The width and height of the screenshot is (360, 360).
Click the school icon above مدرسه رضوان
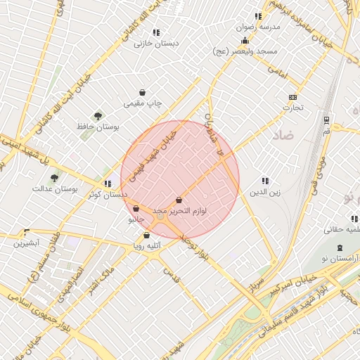[258, 16]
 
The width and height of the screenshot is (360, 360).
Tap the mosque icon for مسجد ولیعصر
[245, 41]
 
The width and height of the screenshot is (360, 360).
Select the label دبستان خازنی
[157, 43]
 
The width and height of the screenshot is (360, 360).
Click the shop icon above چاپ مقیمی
[143, 93]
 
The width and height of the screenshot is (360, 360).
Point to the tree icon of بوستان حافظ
[98, 116]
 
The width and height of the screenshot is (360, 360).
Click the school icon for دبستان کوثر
[108, 184]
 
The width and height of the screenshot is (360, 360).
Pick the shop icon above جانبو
[136, 209]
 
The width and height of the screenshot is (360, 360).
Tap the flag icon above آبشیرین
[27, 232]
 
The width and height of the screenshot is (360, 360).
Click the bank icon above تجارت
[292, 98]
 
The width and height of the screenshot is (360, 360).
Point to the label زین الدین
[266, 191]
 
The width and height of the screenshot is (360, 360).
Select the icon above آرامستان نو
[341, 247]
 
